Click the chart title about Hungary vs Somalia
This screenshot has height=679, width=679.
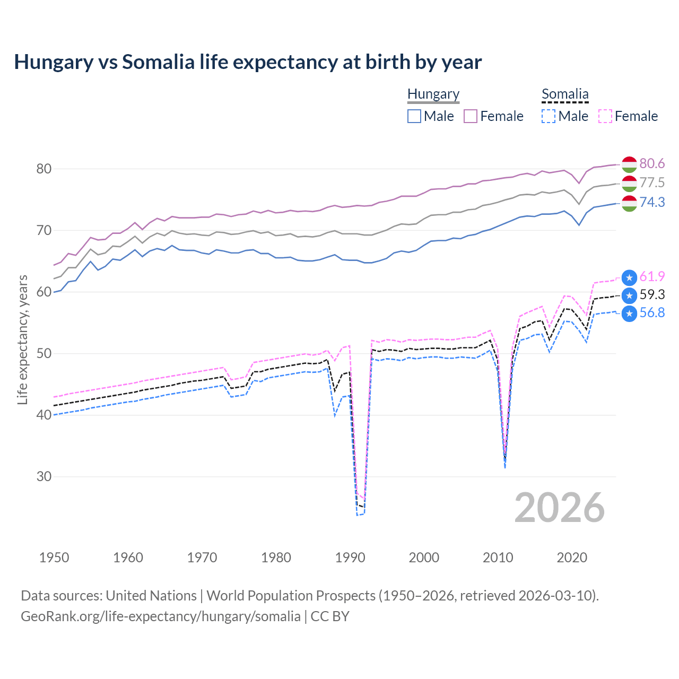[x=248, y=62]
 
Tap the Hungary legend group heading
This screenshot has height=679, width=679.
[x=433, y=94]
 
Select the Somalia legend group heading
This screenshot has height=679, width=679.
[x=565, y=94]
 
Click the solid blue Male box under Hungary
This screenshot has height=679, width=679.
[x=414, y=116]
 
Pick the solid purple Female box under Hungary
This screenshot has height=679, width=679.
[x=471, y=116]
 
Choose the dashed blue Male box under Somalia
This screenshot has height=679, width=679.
[x=549, y=116]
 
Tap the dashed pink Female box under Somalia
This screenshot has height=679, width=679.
[x=605, y=116]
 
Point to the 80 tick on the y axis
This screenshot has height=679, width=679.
[x=43, y=169]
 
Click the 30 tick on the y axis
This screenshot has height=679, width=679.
[x=43, y=476]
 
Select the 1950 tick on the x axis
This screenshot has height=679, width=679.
[x=54, y=558]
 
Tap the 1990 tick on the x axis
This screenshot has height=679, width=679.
[x=350, y=558]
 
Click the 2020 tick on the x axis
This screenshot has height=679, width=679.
[x=572, y=558]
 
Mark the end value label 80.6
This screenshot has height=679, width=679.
[x=652, y=163]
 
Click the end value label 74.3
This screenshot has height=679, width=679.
[x=652, y=202]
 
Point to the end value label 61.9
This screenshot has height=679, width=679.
[x=652, y=276]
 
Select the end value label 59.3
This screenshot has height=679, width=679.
[x=652, y=294]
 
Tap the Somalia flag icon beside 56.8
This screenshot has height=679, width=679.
[x=629, y=314]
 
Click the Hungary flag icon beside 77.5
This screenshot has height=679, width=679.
[x=629, y=184]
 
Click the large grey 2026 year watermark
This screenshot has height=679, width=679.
[x=559, y=508]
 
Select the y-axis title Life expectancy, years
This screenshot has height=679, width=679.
[x=22, y=339]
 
